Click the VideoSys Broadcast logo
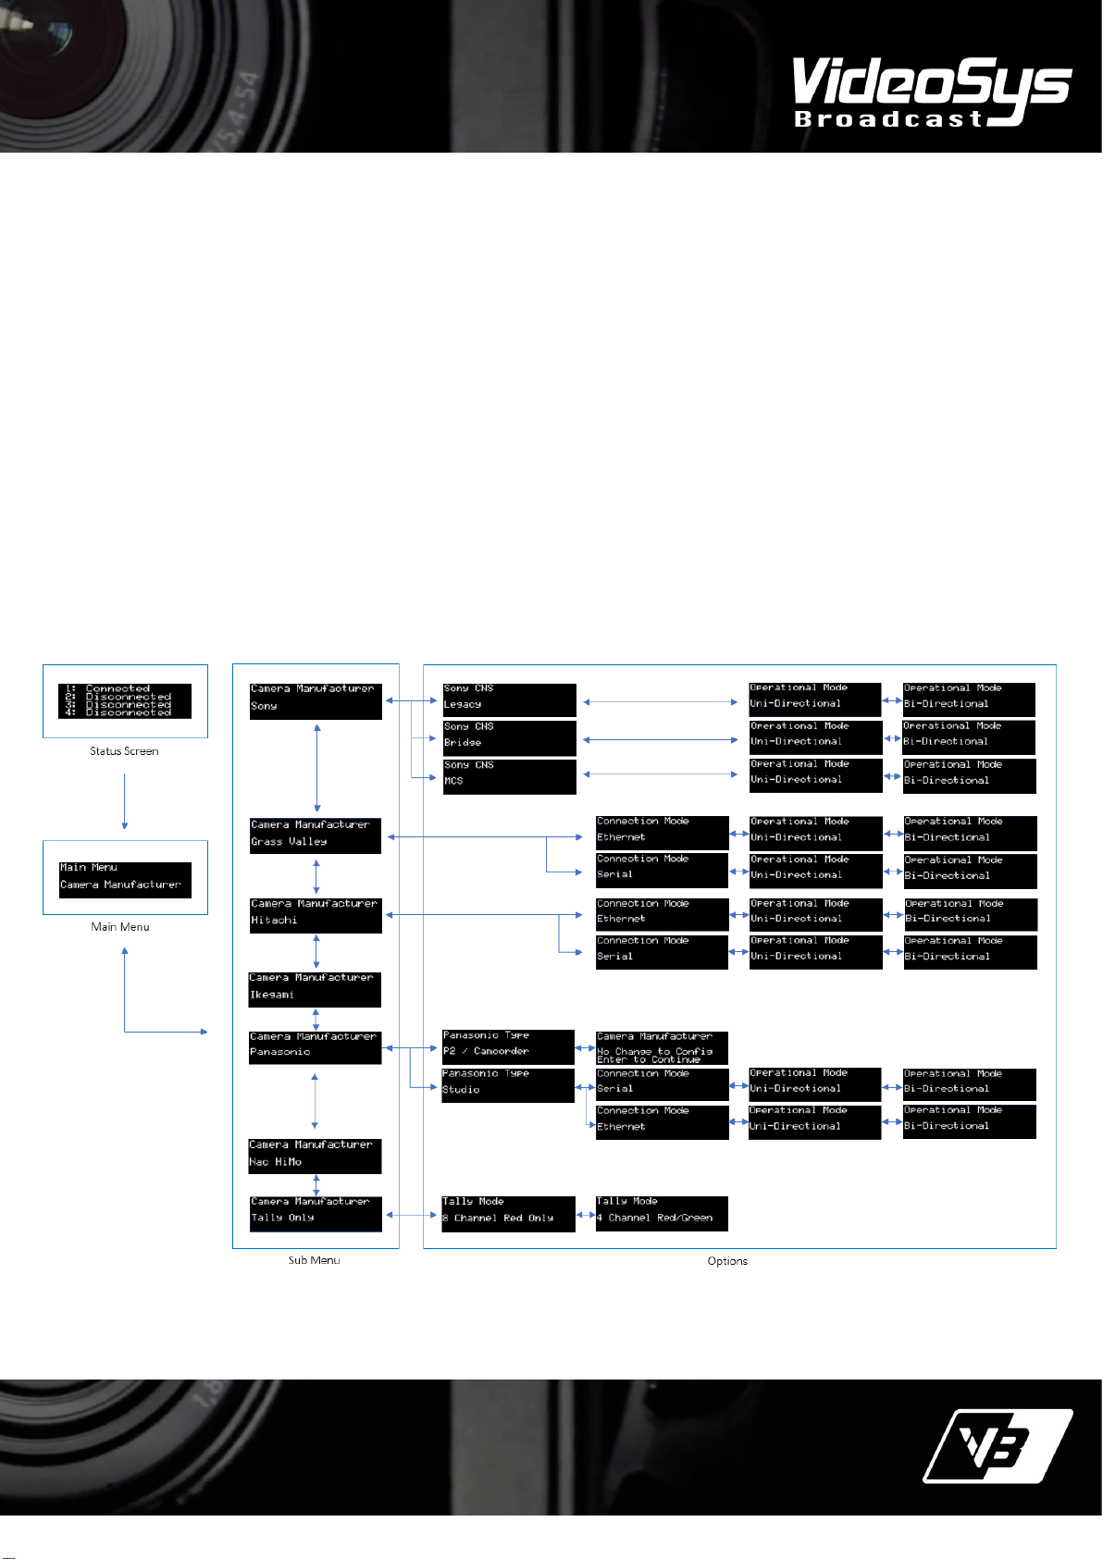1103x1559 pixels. click(930, 91)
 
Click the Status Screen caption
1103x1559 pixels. click(124, 751)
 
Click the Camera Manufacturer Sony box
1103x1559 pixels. click(316, 700)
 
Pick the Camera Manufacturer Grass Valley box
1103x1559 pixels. click(316, 835)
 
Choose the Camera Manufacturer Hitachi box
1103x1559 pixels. click(316, 915)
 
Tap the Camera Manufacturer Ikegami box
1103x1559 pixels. click(315, 989)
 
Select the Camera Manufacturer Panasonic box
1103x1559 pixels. click(315, 1047)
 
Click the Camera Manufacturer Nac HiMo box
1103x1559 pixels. click(315, 1157)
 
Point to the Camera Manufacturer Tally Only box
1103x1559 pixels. click(316, 1213)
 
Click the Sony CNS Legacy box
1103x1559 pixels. click(509, 699)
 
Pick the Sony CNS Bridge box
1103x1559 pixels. click(509, 737)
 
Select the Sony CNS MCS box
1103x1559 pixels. click(509, 776)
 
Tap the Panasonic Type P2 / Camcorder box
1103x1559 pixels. click(508, 1046)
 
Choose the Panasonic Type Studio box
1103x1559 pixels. click(508, 1084)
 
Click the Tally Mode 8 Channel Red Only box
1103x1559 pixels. click(508, 1213)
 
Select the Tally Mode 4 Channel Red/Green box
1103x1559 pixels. click(662, 1213)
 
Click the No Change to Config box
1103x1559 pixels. click(662, 1047)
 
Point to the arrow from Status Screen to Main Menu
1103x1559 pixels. click(124, 801)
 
